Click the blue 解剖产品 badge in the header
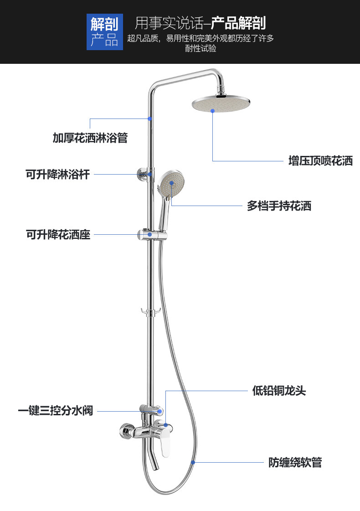(x=104, y=32)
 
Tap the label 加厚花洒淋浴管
(x=90, y=138)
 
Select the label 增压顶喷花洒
(x=320, y=161)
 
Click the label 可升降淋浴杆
(x=57, y=174)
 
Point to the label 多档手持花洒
(x=279, y=206)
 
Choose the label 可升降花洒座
(x=58, y=235)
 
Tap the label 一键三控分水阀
(x=56, y=411)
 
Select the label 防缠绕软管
(x=295, y=463)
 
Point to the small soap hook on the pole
(x=149, y=312)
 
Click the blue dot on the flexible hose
(x=193, y=462)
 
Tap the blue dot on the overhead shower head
(x=212, y=110)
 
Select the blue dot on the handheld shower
(x=171, y=183)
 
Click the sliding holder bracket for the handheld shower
(x=152, y=235)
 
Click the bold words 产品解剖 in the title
(x=238, y=23)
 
